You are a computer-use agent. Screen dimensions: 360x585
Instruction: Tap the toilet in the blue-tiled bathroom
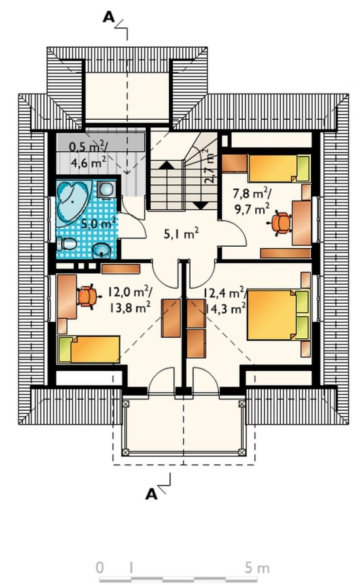point(67,244)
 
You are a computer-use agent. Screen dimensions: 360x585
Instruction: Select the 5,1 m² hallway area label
point(181,233)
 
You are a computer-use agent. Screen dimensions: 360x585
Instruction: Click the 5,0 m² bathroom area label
point(98,223)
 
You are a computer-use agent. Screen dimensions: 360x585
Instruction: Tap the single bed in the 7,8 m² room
point(279,168)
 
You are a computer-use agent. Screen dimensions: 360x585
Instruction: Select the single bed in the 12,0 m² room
point(89,349)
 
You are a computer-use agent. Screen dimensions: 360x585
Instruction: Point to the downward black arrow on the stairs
point(201,205)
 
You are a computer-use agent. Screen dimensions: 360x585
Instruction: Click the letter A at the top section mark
point(108,18)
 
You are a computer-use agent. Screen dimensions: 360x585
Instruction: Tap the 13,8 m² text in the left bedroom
point(130,308)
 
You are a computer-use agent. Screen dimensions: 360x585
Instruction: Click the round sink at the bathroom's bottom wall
point(102,250)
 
